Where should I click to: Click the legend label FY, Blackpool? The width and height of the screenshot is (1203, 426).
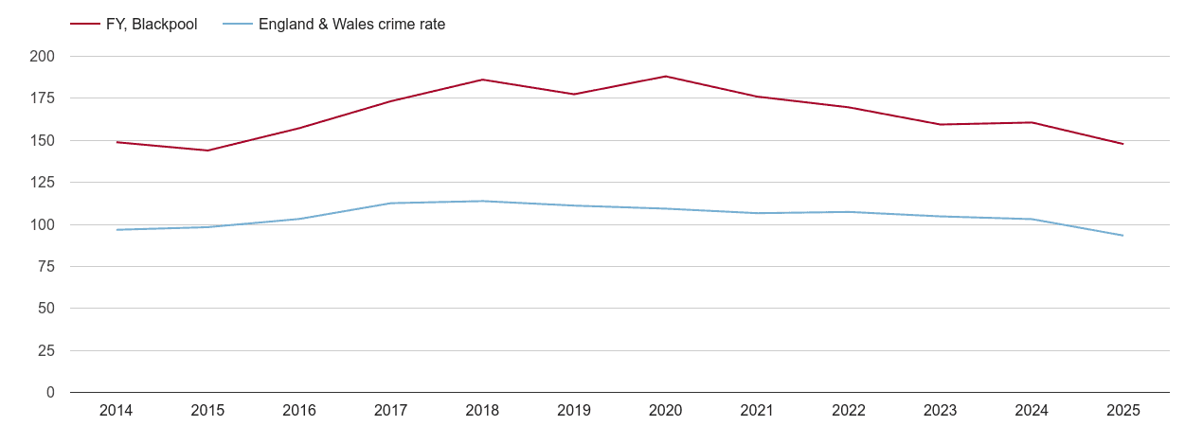pyautogui.click(x=152, y=25)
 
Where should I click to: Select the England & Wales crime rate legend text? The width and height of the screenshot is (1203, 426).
pyautogui.click(x=351, y=25)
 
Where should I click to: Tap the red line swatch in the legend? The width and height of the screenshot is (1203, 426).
pyautogui.click(x=85, y=25)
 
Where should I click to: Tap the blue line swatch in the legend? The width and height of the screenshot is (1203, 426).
pyautogui.click(x=239, y=25)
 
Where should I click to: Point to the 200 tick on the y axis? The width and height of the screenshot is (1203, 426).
pyautogui.click(x=43, y=57)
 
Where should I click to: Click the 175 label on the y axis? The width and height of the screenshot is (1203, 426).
pyautogui.click(x=43, y=98)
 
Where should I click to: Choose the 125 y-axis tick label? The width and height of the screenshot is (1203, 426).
pyautogui.click(x=43, y=183)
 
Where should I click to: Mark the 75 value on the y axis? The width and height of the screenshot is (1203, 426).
pyautogui.click(x=46, y=267)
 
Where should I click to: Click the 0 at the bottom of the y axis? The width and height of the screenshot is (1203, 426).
pyautogui.click(x=50, y=393)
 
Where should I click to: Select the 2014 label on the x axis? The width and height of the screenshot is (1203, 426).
pyautogui.click(x=116, y=411)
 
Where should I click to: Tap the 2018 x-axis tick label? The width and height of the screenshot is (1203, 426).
pyautogui.click(x=482, y=411)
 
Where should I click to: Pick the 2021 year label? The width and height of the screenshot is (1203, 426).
pyautogui.click(x=757, y=411)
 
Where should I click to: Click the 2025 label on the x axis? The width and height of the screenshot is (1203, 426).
pyautogui.click(x=1123, y=411)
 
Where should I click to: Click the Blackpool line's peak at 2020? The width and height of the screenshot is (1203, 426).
pyautogui.click(x=665, y=77)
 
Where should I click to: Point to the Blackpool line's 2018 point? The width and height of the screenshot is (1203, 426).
pyautogui.click(x=482, y=80)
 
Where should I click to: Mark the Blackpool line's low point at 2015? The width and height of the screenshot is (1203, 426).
pyautogui.click(x=207, y=151)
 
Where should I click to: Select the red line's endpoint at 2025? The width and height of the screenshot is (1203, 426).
pyautogui.click(x=1123, y=144)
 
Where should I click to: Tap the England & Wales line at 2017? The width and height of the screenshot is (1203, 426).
pyautogui.click(x=390, y=203)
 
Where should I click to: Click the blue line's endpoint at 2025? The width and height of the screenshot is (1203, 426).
pyautogui.click(x=1123, y=236)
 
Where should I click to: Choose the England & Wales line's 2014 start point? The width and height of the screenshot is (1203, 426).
pyautogui.click(x=116, y=230)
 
